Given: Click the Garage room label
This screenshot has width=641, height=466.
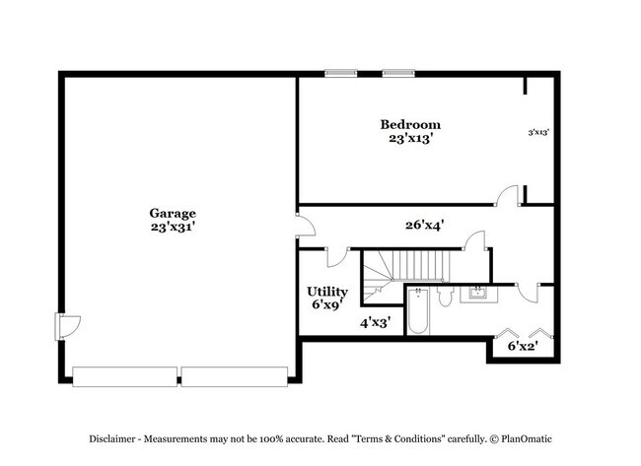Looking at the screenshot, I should (x=173, y=213).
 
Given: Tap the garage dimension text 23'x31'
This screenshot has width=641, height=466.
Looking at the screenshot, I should (x=173, y=227).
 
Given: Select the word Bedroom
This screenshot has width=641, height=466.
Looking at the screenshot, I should (x=410, y=124).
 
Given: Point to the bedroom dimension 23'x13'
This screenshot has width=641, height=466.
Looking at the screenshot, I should (x=410, y=139).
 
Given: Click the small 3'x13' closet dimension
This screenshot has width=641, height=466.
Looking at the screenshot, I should (x=538, y=131).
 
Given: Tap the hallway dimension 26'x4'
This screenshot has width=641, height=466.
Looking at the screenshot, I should (x=424, y=225).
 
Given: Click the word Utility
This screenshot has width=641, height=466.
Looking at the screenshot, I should (x=326, y=292).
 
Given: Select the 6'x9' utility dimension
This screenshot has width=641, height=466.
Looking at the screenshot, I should (x=326, y=305).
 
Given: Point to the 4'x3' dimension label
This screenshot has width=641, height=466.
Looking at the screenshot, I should (x=376, y=322).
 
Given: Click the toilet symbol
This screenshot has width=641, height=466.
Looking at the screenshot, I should (x=445, y=296).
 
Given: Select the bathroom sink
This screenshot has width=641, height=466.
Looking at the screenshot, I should (x=479, y=293).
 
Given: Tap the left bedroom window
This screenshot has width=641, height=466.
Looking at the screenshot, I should (x=341, y=72).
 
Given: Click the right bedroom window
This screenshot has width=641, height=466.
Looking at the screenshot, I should (x=397, y=72).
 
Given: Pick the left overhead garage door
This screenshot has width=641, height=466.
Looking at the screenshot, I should (x=125, y=376).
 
